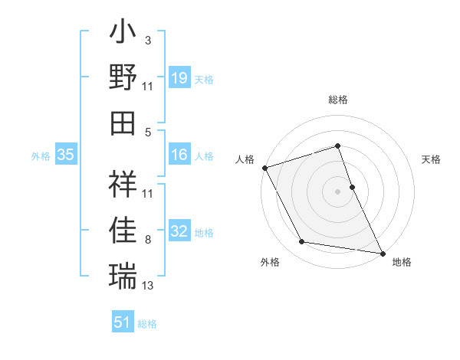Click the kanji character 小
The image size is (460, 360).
[x=123, y=35]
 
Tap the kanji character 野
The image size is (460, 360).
[x=123, y=77]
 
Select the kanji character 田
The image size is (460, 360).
[x=123, y=123]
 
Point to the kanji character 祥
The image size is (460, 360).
[x=123, y=184]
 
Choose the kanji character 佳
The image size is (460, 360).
[x=123, y=229]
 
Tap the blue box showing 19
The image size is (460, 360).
[x=179, y=77]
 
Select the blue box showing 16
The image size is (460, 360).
[x=179, y=155]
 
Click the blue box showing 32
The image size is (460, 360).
[x=179, y=231]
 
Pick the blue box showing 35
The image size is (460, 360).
[x=66, y=155]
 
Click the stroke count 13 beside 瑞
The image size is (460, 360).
[x=148, y=286]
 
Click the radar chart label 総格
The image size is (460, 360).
[x=338, y=100]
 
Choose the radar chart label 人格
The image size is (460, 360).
[x=245, y=159]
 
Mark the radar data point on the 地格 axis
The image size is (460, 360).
[x=382, y=252]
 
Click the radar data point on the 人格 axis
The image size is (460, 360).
[x=264, y=167]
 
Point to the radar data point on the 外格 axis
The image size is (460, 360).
[x=301, y=242]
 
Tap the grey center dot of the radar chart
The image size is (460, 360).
[x=338, y=191]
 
